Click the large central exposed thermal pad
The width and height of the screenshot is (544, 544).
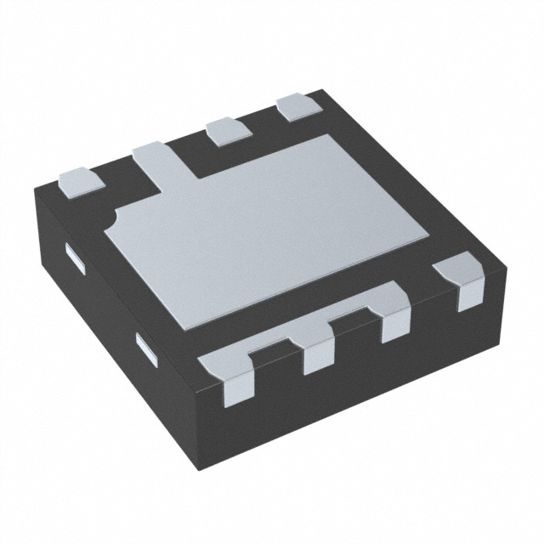[x=272, y=229]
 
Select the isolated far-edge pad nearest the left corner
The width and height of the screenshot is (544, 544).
[x=78, y=179]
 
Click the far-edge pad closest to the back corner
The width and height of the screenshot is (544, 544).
[x=297, y=106]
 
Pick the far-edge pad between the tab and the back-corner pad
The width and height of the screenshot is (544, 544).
[x=227, y=130]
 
